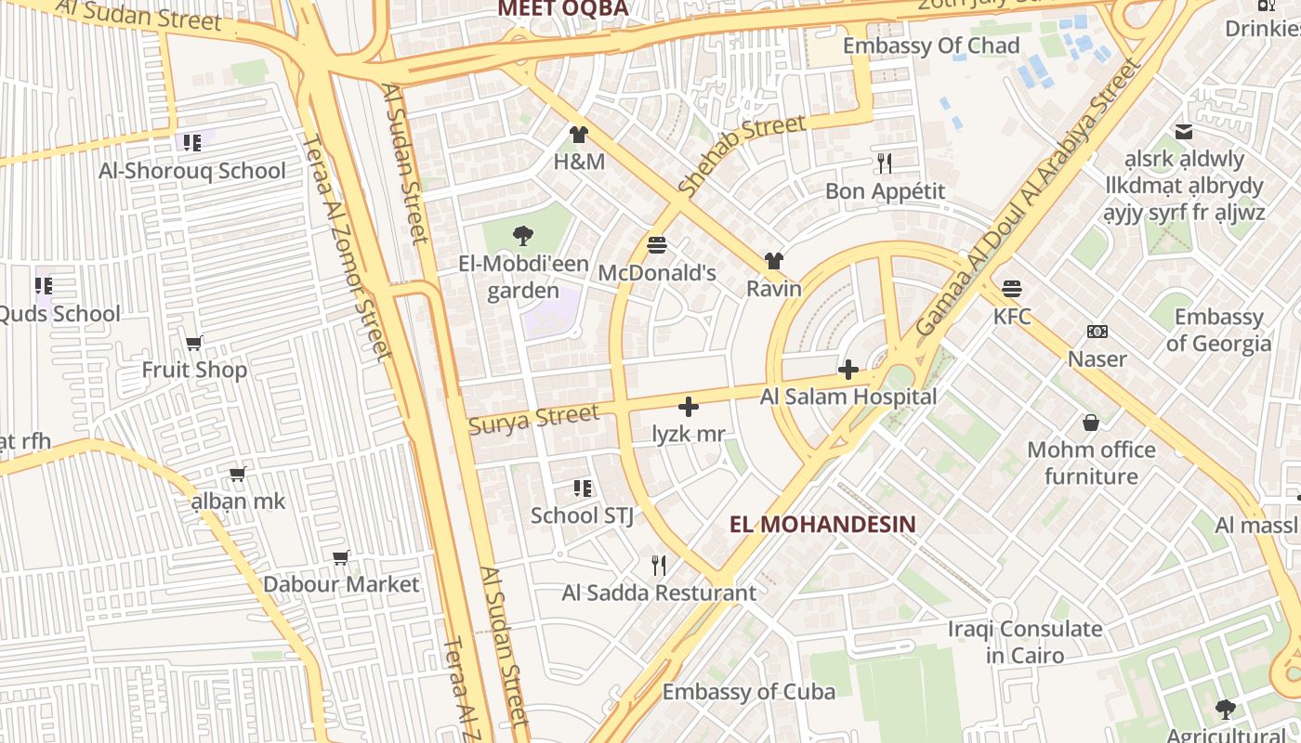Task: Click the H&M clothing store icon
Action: [579, 135]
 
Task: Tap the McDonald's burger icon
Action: [657, 245]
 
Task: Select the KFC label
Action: [1012, 317]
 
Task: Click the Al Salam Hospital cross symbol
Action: [848, 371]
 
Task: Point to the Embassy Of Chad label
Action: [930, 46]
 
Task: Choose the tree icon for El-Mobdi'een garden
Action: [523, 236]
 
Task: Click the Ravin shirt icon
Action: [773, 262]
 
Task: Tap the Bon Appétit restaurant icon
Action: [885, 163]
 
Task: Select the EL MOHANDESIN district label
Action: [822, 524]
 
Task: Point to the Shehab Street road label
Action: [742, 154]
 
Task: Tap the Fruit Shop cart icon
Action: [194, 344]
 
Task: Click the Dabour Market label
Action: [341, 584]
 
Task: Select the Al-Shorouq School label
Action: [192, 171]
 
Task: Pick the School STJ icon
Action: [583, 488]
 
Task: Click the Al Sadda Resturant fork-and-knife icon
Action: [659, 565]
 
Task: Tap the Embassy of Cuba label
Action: [748, 692]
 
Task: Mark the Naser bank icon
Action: [1097, 332]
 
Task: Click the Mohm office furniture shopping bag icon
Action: [1091, 424]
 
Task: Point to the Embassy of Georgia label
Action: [1218, 330]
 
